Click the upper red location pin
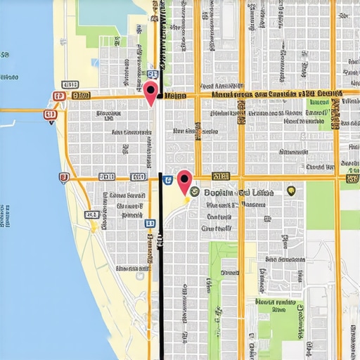coord(151,92)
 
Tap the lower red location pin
coord(185,182)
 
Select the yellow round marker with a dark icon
coord(291,191)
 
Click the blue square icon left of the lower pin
coord(167,181)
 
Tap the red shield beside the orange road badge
coord(58,96)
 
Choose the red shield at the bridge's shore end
coord(50,115)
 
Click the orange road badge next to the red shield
coord(80,96)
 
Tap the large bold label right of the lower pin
coord(240,191)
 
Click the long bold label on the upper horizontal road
coord(274,94)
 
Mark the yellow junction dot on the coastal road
coord(93,227)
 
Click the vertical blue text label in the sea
coord(4,211)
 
